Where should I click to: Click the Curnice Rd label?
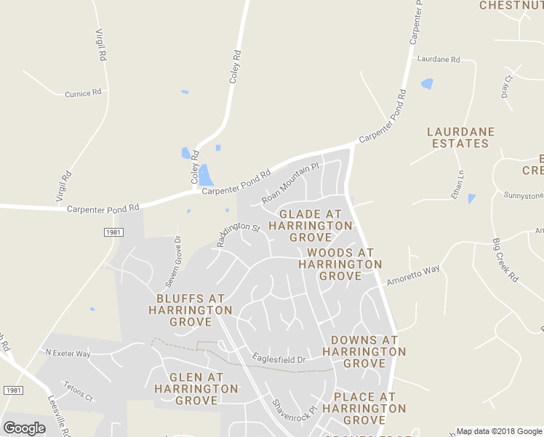(x=82, y=94)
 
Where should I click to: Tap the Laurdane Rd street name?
(x=439, y=60)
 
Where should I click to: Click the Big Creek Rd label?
(x=504, y=260)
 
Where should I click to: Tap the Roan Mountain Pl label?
(x=290, y=184)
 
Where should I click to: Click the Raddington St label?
(x=238, y=235)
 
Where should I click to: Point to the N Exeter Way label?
(x=68, y=353)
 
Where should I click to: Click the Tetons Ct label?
(x=78, y=391)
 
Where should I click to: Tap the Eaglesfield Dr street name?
(x=279, y=359)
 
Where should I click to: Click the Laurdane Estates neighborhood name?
(x=460, y=138)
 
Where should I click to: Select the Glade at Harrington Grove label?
(x=311, y=226)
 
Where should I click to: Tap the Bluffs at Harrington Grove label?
(x=191, y=310)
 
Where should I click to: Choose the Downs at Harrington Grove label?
(x=364, y=351)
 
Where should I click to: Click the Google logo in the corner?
(x=25, y=428)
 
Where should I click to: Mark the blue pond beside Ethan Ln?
(x=472, y=198)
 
